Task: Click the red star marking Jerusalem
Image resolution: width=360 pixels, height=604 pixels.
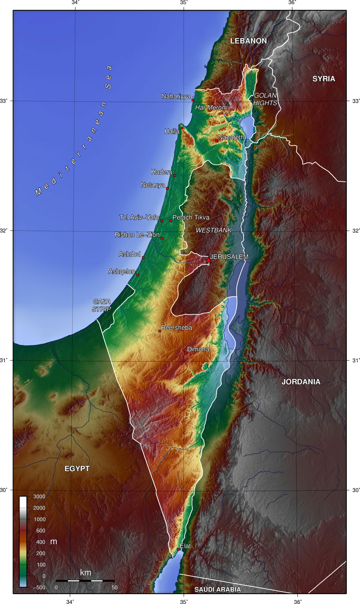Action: [208, 261]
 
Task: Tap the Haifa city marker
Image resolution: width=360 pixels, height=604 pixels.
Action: [182, 128]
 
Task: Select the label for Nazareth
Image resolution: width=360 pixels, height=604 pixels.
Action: [231, 137]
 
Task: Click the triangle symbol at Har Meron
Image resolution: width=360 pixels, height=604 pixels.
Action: [227, 104]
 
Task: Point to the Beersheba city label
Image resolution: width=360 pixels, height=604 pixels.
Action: [176, 328]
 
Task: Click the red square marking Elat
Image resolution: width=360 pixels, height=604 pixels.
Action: [178, 549]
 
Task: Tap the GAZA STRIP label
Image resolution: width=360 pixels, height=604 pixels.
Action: [101, 305]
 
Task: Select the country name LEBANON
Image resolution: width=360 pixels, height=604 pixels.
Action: [248, 41]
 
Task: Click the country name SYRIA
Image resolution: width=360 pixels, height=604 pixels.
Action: [324, 79]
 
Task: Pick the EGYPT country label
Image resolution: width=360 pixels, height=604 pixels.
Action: [77, 469]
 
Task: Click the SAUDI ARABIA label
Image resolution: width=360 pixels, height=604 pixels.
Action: [217, 589]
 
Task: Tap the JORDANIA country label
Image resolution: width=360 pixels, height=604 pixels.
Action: [301, 382]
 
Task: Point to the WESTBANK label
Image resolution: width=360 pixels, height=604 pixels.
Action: [214, 230]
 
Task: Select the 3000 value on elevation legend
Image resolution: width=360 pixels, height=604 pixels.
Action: [39, 497]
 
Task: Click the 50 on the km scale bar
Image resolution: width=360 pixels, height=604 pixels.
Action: [115, 587]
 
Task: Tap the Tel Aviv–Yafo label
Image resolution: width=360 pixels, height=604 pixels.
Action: [139, 217]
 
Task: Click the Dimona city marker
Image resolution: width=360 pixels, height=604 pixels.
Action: [185, 353]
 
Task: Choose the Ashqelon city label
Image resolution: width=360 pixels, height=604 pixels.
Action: [121, 272]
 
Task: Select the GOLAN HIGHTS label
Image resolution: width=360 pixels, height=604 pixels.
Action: [265, 99]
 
